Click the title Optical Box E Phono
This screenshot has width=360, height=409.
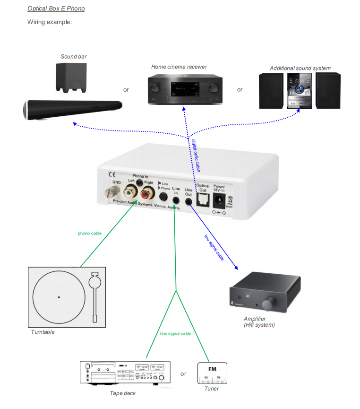point(56,9)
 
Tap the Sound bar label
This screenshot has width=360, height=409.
point(73,57)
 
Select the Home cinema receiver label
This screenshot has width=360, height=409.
point(179,67)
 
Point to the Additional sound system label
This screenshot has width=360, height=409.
point(300,68)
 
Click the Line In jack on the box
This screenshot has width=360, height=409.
point(176,200)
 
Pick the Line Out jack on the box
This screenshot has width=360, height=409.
point(189,200)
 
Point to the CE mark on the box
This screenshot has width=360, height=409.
point(112,174)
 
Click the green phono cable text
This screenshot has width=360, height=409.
point(90,233)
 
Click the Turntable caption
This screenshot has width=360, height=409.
point(43,332)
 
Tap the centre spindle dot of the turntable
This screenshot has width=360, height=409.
point(59,297)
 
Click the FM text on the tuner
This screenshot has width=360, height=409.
point(212,368)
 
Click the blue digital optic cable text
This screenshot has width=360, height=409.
point(196,154)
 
